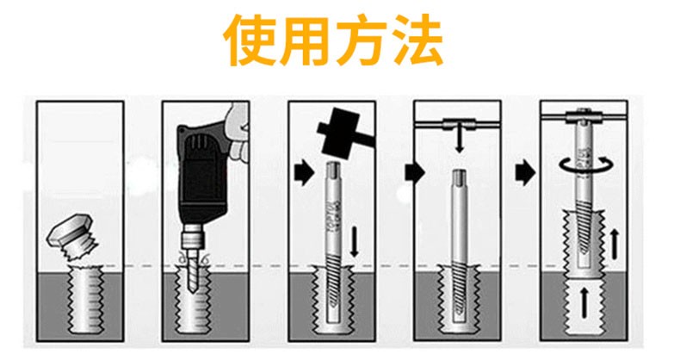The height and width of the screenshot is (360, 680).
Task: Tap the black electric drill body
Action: [x=201, y=173]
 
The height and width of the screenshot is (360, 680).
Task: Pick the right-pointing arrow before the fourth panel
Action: [x=415, y=173]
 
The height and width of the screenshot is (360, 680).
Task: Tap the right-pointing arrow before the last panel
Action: [x=526, y=172]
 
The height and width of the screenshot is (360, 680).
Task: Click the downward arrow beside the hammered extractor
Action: [x=355, y=241]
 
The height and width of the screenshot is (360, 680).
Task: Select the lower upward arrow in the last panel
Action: [x=585, y=301]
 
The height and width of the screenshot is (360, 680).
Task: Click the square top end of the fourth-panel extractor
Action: [x=460, y=177]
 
